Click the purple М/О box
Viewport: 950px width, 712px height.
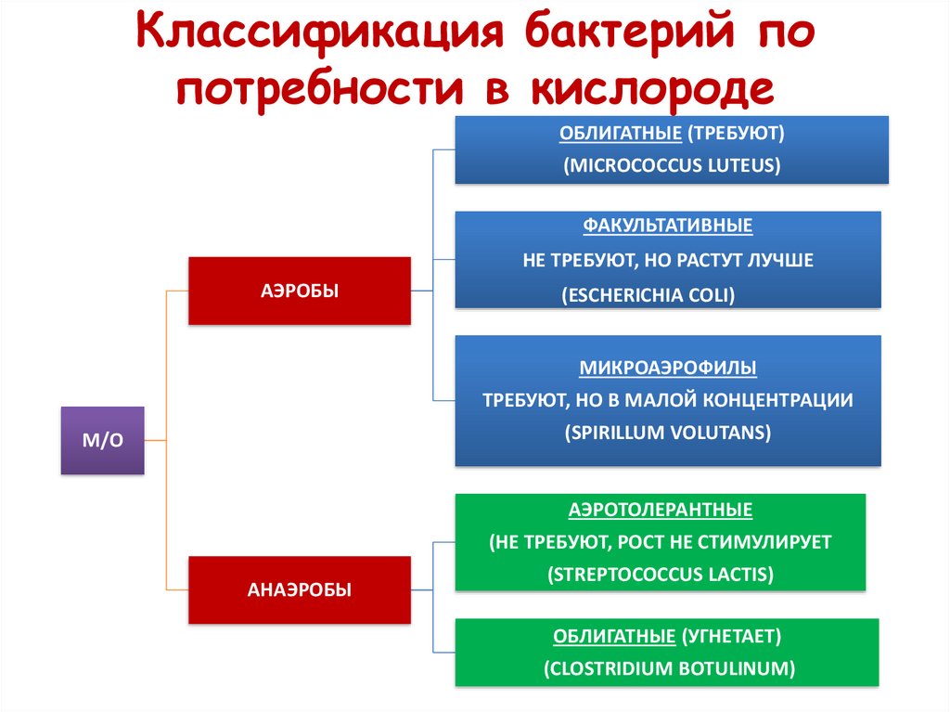pyautogui.click(x=102, y=441)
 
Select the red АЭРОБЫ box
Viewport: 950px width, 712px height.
pyautogui.click(x=300, y=291)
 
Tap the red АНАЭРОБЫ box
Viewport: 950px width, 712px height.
pyautogui.click(x=300, y=589)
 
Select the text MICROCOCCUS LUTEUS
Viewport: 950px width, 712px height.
pyautogui.click(x=672, y=166)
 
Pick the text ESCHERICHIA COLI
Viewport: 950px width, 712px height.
pyautogui.click(x=648, y=295)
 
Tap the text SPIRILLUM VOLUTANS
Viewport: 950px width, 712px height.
pyautogui.click(x=667, y=433)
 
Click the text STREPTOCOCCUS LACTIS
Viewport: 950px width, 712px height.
pyautogui.click(x=660, y=574)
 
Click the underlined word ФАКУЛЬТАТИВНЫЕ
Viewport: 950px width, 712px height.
pyautogui.click(x=667, y=226)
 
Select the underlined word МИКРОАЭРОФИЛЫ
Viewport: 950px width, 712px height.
pyautogui.click(x=668, y=369)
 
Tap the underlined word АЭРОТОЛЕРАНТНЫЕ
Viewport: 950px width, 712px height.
pyautogui.click(x=660, y=510)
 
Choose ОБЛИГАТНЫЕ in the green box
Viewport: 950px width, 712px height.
pyautogui.click(x=613, y=637)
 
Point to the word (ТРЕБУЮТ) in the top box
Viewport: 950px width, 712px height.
pyautogui.click(x=737, y=133)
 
